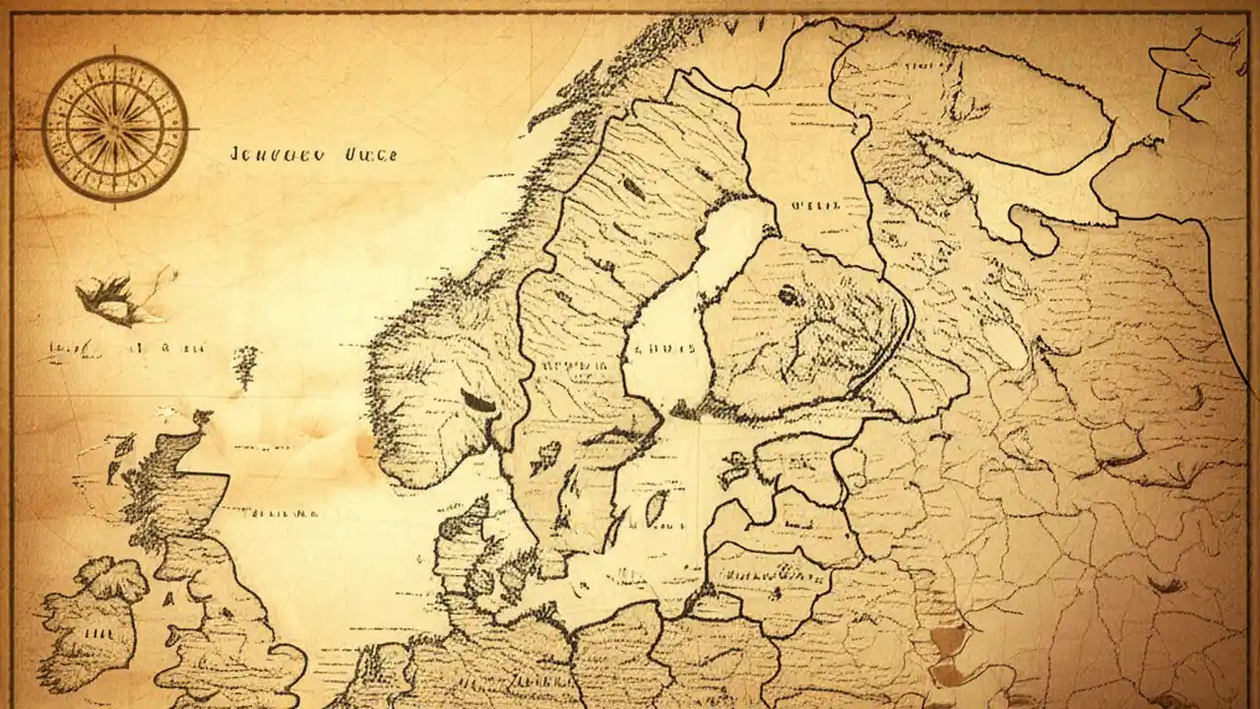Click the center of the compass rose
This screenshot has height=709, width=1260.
(x=115, y=128)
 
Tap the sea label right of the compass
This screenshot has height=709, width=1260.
(x=314, y=155)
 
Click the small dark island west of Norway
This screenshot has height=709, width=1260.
(x=244, y=365)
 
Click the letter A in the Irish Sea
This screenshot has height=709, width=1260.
(x=167, y=597)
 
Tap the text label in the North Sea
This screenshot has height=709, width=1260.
(x=281, y=513)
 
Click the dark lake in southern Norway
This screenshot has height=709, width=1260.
(x=479, y=402)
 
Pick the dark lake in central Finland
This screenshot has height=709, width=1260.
(x=789, y=295)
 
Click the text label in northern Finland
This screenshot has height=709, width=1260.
(x=814, y=206)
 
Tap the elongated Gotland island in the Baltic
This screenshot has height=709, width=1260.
(x=655, y=507)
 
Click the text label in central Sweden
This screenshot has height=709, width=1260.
(x=576, y=367)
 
